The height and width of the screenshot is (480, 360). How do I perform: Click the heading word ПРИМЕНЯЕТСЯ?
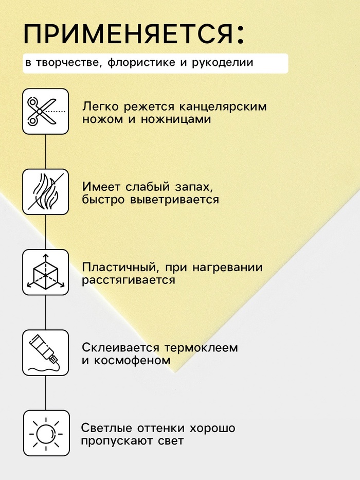[x=128, y=33]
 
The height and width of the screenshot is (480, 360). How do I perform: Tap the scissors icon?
[x=46, y=112]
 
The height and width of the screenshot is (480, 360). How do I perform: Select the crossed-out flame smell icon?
[x=46, y=192]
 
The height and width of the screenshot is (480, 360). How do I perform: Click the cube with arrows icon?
[x=46, y=272]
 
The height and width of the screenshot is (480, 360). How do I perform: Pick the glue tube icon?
[x=46, y=352]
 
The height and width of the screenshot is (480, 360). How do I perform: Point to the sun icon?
[x=46, y=433]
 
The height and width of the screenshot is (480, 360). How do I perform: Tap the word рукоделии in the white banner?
[x=223, y=63]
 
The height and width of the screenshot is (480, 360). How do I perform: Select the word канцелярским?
[x=223, y=107]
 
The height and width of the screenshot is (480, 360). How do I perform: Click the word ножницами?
[x=176, y=119]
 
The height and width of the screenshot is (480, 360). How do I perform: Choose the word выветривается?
[x=175, y=200]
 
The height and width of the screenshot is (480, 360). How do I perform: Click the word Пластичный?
[x=120, y=268]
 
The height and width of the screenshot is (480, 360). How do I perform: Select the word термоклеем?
[x=201, y=348]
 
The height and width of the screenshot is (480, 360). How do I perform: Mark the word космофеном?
[x=132, y=360]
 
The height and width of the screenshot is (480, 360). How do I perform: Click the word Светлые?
[x=106, y=428]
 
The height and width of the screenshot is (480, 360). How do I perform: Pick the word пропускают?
[x=117, y=441]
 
